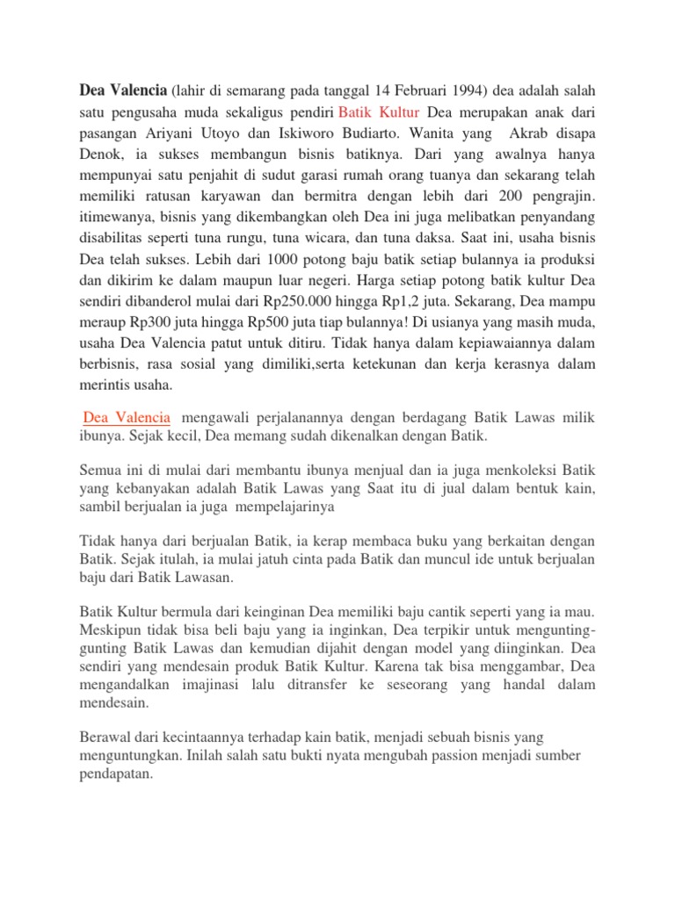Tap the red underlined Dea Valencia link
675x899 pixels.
tap(128, 416)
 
